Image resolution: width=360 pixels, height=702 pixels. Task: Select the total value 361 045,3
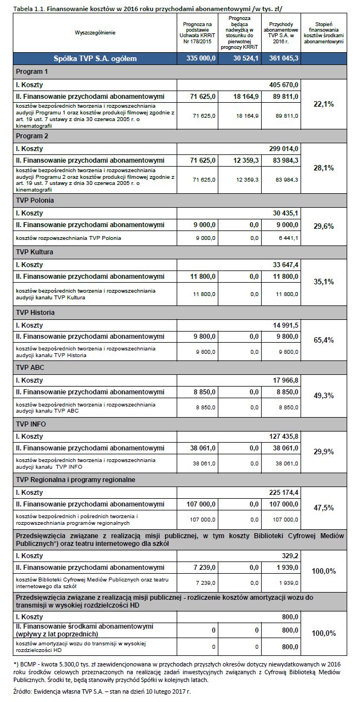[283, 58]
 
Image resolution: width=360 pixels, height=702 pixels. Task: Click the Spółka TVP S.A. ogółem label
[95, 58]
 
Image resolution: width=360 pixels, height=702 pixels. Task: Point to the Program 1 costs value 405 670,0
[284, 84]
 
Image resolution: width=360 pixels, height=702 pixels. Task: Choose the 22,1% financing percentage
[324, 104]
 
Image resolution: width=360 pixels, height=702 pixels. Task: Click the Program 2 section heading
[32, 136]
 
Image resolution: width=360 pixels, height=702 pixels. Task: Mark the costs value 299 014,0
[284, 148]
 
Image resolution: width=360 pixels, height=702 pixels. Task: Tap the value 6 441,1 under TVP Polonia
[288, 238]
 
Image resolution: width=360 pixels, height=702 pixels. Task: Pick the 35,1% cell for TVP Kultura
[324, 282]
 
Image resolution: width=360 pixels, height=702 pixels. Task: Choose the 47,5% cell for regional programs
[324, 508]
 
